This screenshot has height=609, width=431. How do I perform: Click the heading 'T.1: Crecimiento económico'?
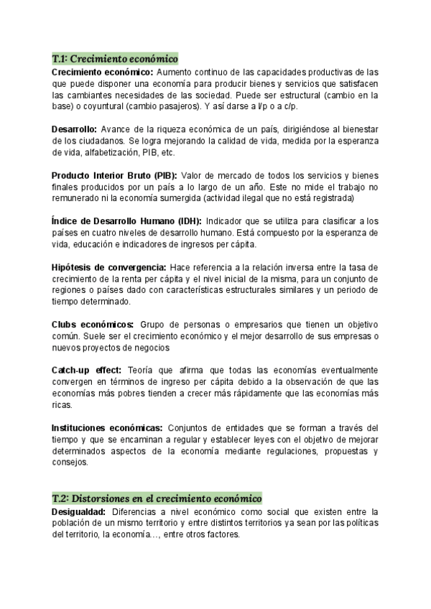pyautogui.click(x=115, y=58)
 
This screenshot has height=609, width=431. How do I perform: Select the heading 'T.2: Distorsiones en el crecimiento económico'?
pyautogui.click(x=157, y=498)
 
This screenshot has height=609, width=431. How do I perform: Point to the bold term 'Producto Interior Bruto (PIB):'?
pyautogui.click(x=114, y=175)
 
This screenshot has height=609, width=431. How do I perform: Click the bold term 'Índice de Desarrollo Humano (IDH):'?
pyautogui.click(x=127, y=221)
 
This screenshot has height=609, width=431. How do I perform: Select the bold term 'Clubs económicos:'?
pyautogui.click(x=92, y=325)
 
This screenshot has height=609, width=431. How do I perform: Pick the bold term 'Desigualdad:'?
pyautogui.click(x=79, y=512)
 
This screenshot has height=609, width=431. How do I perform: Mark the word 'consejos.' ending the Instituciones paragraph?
pyautogui.click(x=70, y=462)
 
